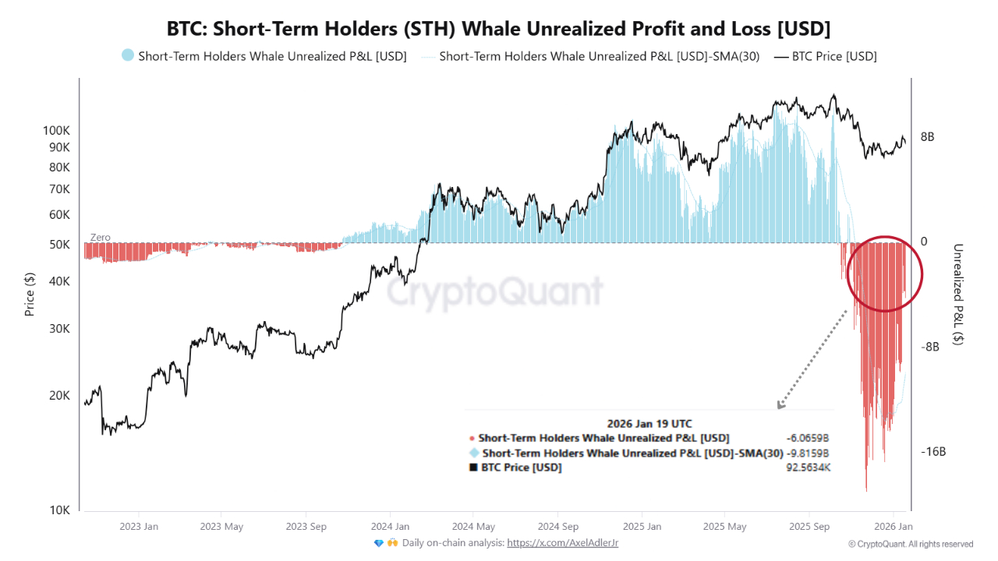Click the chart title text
pyautogui.click(x=498, y=29)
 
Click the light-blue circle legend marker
pyautogui.click(x=128, y=56)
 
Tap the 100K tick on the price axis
pyautogui.click(x=56, y=131)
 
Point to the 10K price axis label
pyautogui.click(x=60, y=510)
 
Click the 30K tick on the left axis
pyautogui.click(x=59, y=329)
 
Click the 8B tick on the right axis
pyautogui.click(x=927, y=137)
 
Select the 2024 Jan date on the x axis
pyautogui.click(x=390, y=527)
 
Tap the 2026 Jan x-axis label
pyautogui.click(x=894, y=527)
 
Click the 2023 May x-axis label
pyautogui.click(x=221, y=527)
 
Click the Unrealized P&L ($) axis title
pyautogui.click(x=958, y=295)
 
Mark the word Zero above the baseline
pyautogui.click(x=101, y=238)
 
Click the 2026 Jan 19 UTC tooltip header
pyautogui.click(x=649, y=425)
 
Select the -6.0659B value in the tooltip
pyautogui.click(x=808, y=439)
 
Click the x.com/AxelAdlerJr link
pyautogui.click(x=562, y=543)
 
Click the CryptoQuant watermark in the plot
pyautogui.click(x=495, y=292)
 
